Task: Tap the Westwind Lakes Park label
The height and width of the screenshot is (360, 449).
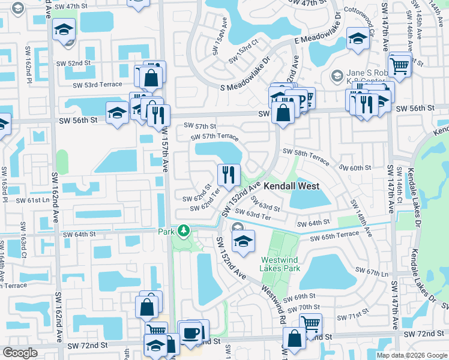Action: pyautogui.click(x=280, y=265)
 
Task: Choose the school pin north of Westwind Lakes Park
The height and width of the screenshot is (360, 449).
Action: pyautogui.click(x=243, y=241)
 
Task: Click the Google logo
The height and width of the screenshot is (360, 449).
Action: pyautogui.click(x=21, y=353)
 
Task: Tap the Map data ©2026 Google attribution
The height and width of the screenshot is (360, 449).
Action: pyautogui.click(x=411, y=355)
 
